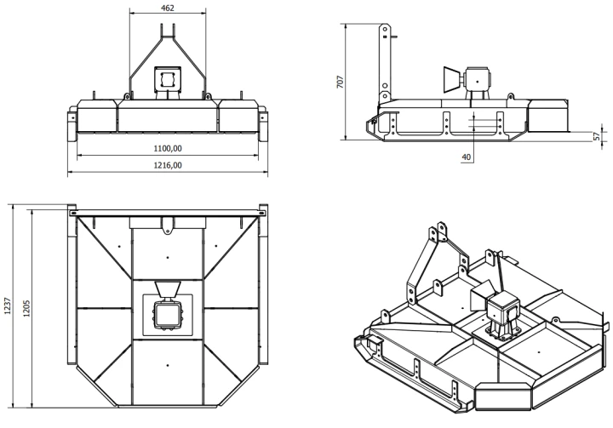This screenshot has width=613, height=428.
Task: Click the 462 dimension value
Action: coord(168,8)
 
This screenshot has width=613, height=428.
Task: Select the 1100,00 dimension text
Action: coord(168,148)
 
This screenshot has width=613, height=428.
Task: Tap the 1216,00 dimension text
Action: coord(168,165)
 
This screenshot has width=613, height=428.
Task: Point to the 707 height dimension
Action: coord(340,82)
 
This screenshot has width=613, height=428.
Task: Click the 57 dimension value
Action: coord(597,136)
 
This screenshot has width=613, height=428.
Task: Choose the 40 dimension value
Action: coord(467,157)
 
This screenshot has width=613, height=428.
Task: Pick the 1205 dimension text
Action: coord(26,308)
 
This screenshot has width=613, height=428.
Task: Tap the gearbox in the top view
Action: coord(168,316)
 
